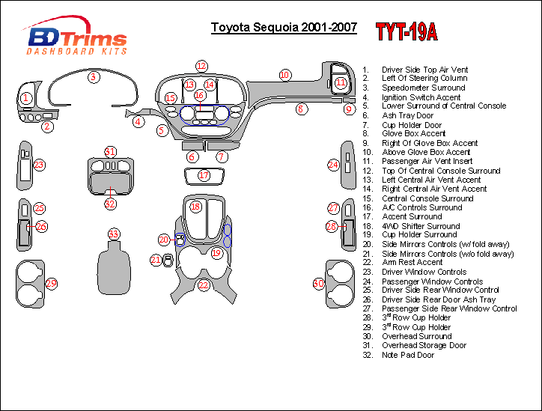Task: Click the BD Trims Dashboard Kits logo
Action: coord(76,38)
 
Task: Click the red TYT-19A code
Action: coord(406,31)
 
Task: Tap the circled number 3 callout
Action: coord(93,76)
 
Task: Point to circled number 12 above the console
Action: coord(201,65)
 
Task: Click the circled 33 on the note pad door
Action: coord(113,234)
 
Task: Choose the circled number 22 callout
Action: coord(203,284)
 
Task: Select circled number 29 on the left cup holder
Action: coord(51,283)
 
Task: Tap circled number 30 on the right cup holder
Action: coord(318,283)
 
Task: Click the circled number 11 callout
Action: coord(341,82)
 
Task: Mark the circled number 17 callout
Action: coord(204,175)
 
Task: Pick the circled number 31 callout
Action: coord(110,151)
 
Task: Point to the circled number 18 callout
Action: coord(195,206)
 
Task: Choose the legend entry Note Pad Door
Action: coord(408,355)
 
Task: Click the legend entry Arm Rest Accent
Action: coord(412,263)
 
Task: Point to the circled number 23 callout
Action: coord(39,165)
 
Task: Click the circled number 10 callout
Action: coord(284,74)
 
